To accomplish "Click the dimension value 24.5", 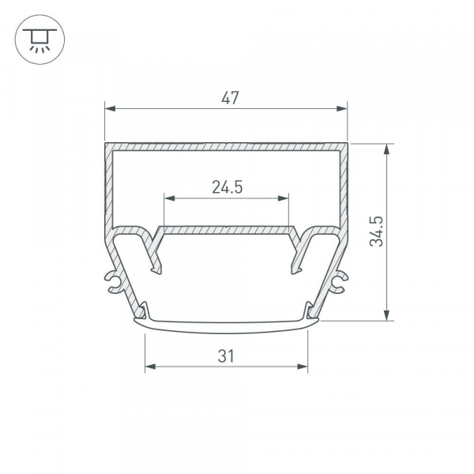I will [226, 187].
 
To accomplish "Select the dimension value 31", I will [227, 356].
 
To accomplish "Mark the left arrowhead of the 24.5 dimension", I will [168, 198].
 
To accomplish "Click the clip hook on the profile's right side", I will [340, 280].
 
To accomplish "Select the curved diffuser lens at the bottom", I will [227, 322].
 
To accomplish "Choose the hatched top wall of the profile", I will [227, 147].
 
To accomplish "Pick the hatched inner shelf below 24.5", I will [227, 230].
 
